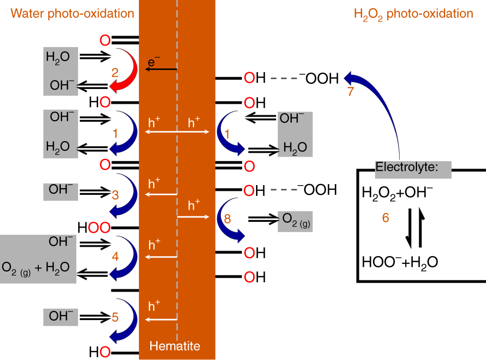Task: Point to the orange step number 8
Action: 227,218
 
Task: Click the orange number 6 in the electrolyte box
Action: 386,218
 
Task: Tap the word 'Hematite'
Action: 175,346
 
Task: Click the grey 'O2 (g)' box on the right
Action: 295,221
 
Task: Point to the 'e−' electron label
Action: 154,61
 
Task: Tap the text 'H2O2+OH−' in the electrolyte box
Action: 398,193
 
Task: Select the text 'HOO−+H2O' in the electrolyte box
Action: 400,262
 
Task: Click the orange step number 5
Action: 115,317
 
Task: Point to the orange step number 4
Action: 115,256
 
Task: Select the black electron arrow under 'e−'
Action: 161,70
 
